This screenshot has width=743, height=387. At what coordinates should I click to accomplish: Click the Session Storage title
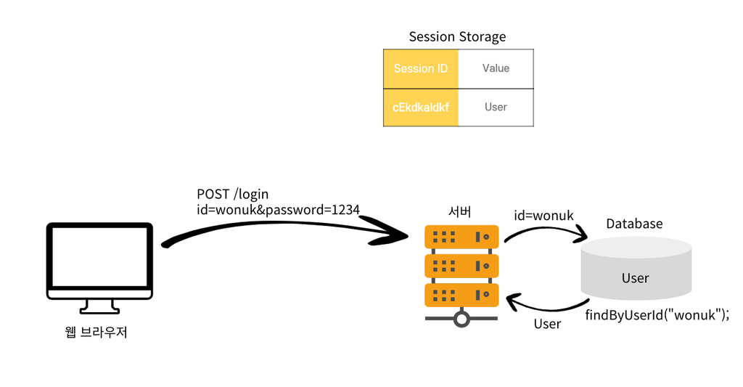pos(457,37)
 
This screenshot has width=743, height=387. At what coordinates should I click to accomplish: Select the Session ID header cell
pos(421,69)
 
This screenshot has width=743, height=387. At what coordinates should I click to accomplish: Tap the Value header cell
pos(496,69)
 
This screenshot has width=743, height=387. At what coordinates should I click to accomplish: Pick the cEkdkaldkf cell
pos(421,107)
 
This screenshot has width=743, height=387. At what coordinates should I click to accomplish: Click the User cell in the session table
pos(496,107)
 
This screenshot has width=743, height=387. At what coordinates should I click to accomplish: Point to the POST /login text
pos(233,194)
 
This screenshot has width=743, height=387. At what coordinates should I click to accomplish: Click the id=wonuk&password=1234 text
pos(278,210)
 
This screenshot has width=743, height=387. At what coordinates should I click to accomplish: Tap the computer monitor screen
pos(99,256)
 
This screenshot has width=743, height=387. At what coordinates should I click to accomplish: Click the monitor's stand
pos(99,307)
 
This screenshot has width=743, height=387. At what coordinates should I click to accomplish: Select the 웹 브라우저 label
pos(97,332)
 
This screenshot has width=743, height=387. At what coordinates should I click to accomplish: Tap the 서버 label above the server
pos(459,211)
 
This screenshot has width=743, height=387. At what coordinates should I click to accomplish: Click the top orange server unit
pos(461,237)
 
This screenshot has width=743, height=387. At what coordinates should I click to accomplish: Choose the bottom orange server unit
pos(461,295)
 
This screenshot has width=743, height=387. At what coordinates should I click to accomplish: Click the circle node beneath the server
pos(461,319)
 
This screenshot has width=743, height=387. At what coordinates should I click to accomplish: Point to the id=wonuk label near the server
pos(543,216)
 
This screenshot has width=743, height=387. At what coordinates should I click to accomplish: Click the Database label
pos(634,224)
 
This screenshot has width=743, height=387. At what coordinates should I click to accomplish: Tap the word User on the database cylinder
pos(635,278)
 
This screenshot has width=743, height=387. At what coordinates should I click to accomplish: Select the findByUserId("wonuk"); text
pos(657,315)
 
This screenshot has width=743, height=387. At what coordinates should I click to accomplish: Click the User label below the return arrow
pos(547,324)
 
